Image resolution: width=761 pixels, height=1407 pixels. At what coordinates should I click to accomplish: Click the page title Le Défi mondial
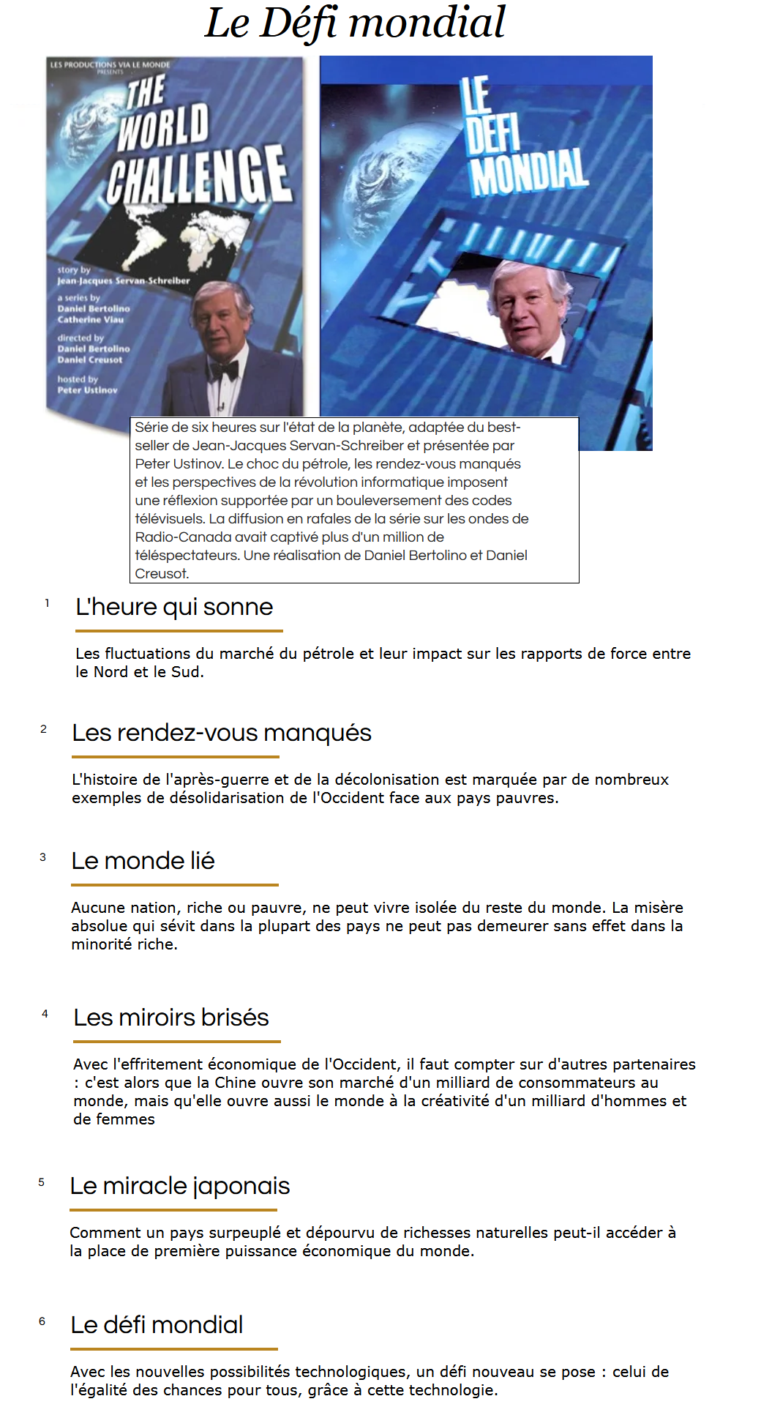(355, 23)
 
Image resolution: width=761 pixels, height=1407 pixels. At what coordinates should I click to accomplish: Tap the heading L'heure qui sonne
(174, 607)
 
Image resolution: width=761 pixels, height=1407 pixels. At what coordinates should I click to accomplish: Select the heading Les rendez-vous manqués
(221, 733)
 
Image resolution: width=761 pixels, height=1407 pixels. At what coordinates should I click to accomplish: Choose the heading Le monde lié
(143, 861)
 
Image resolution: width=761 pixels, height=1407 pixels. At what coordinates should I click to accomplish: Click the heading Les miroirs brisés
(171, 1018)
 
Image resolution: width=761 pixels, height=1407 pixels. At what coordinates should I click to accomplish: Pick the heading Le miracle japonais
(180, 1186)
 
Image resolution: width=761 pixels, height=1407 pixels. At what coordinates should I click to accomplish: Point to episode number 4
(45, 1014)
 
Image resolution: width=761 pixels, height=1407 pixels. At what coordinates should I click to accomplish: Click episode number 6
(42, 1321)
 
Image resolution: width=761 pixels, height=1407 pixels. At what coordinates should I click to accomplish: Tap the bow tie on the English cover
(223, 370)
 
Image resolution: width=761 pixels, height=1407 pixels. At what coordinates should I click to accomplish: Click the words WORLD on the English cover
(164, 126)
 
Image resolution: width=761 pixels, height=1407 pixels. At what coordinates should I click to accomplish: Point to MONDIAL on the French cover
(528, 173)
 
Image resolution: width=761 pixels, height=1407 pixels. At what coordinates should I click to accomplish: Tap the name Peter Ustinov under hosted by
(88, 390)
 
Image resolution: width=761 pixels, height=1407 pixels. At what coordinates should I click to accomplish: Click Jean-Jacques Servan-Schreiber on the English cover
(124, 280)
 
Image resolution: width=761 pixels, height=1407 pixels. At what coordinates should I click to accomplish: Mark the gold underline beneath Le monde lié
(175, 884)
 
